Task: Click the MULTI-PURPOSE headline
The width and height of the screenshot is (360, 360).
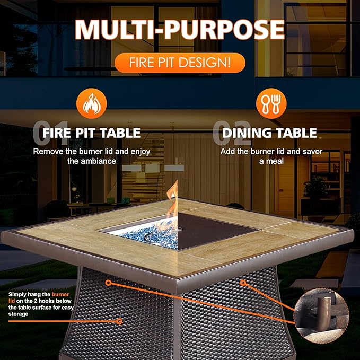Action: point(180,30)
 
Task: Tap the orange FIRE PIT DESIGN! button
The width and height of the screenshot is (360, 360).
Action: point(180,63)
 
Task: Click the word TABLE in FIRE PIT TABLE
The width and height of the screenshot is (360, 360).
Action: point(121,133)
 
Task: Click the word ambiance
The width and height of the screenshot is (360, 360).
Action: point(99,161)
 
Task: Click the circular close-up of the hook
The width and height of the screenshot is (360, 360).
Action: point(324,314)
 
